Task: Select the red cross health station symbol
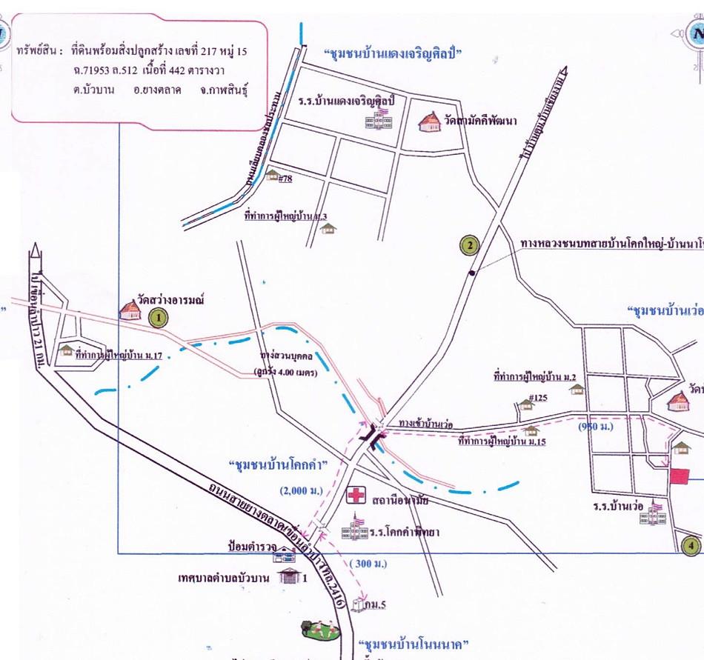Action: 358,495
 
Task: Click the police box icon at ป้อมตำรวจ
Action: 282,555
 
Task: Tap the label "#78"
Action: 285,179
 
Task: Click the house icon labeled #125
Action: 525,404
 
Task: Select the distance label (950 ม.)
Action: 598,427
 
